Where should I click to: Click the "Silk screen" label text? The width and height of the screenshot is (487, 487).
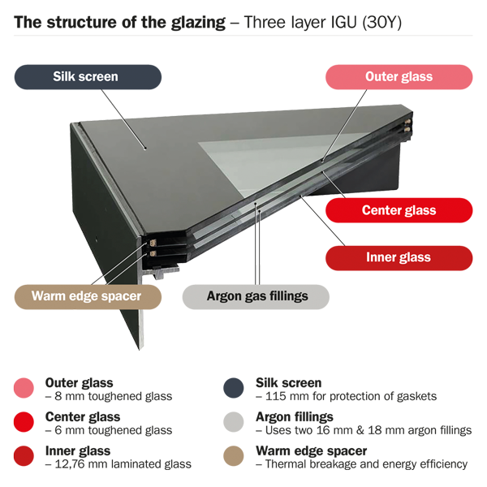pos(85,77)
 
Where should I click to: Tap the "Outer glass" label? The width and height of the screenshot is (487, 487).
pos(399,77)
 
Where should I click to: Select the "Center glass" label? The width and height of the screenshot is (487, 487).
pos(399,210)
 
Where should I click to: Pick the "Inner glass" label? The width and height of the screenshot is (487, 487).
pos(399,257)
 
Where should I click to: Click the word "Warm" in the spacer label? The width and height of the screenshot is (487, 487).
pos(50,295)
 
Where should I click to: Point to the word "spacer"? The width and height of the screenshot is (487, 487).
pos(119,295)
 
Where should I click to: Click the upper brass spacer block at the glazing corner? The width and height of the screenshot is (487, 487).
pos(151,241)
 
